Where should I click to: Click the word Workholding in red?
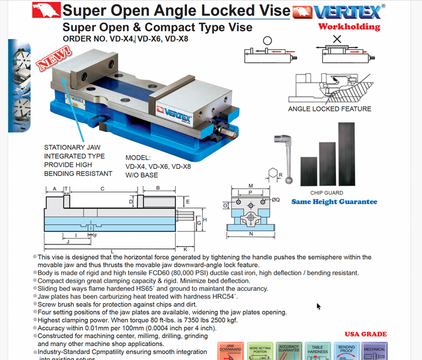[349, 26]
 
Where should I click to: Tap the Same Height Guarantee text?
[334, 202]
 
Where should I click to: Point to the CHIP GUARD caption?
[326, 193]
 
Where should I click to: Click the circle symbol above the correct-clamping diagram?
[267, 41]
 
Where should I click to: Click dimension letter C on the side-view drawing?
[103, 189]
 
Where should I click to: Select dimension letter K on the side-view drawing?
[185, 249]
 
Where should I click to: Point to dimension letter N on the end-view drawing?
[251, 234]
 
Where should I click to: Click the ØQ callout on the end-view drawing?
[276, 200]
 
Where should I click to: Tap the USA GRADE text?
[366, 334]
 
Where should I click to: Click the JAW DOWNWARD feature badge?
[230, 349]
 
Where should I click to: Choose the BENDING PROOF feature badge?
[346, 349]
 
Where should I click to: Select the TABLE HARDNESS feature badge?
[318, 349]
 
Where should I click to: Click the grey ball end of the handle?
[290, 180]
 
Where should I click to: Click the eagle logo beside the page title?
[46, 10]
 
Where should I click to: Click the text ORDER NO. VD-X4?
[98, 39]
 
